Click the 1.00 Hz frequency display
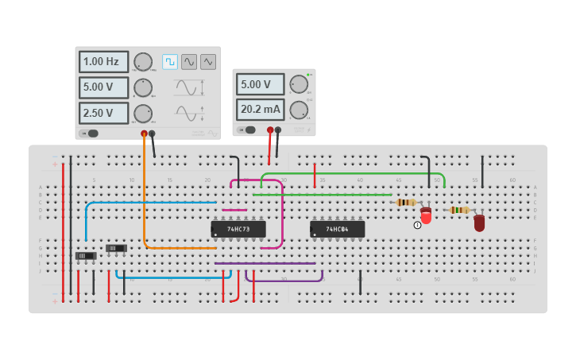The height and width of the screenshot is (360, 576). click(x=103, y=61)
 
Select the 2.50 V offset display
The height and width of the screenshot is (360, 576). click(x=103, y=113)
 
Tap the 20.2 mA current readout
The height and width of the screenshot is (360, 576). click(x=260, y=109)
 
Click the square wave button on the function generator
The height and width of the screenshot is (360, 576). click(x=170, y=61)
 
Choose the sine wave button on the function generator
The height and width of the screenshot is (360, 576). click(x=189, y=61)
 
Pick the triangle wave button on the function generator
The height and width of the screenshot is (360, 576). click(x=208, y=61)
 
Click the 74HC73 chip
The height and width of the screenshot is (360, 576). click(x=238, y=229)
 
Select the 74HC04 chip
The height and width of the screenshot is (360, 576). click(x=338, y=229)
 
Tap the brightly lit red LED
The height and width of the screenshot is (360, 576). click(x=426, y=215)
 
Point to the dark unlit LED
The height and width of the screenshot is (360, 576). click(x=479, y=223)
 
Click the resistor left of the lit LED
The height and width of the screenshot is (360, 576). click(x=406, y=202)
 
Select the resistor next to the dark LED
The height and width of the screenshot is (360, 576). click(x=459, y=210)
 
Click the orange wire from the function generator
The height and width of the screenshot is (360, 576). click(x=145, y=199)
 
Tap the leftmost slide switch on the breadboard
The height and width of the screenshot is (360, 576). click(x=86, y=255)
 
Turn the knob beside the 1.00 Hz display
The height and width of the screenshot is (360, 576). click(x=143, y=62)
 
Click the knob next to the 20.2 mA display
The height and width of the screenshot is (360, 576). click(x=299, y=110)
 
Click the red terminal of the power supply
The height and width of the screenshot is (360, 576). click(x=270, y=130)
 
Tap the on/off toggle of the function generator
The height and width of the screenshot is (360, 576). click(x=91, y=134)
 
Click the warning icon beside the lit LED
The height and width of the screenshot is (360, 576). click(x=417, y=225)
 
